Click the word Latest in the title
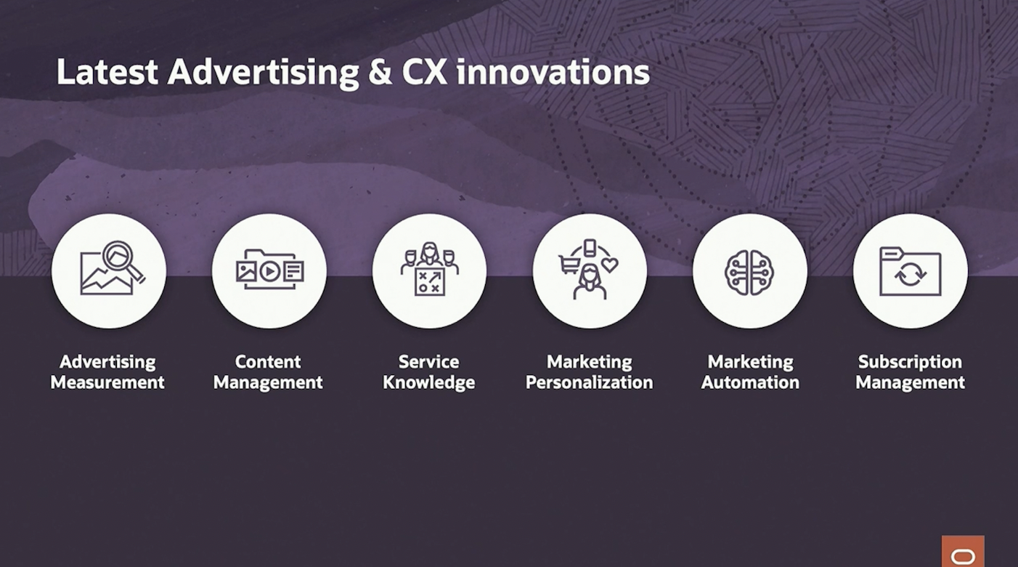107,73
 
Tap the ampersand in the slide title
380,73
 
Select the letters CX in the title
424,73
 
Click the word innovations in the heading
553,73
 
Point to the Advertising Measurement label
107,371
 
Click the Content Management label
268,371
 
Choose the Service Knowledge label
428,371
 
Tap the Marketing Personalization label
589,371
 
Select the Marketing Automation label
750,371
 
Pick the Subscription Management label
910,371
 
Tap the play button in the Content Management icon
269,272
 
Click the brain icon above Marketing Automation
749,273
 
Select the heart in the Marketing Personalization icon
609,265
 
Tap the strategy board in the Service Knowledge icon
429,281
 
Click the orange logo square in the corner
963,551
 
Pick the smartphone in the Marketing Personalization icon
590,248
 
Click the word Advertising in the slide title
263,73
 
